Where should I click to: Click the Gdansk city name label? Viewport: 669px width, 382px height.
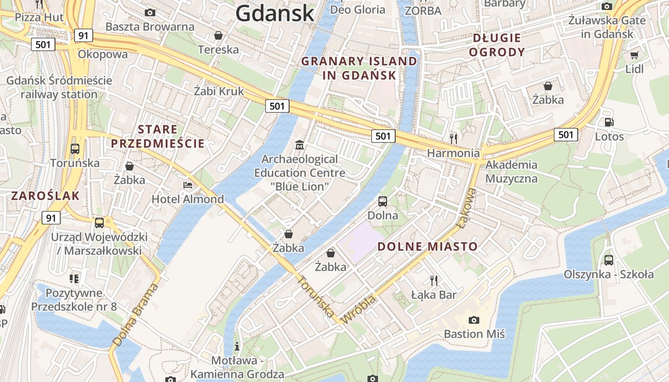[275, 13]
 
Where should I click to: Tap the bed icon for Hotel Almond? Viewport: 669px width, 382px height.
[188, 185]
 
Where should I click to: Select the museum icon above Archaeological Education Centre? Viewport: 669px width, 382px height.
[300, 144]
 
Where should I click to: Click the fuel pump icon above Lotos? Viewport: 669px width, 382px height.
[609, 122]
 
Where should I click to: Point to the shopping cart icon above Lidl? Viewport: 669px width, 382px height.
[634, 55]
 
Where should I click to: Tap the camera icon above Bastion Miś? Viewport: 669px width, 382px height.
[474, 320]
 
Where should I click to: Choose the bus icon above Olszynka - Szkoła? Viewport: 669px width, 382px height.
[608, 260]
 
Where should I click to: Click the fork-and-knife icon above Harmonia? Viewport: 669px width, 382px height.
[453, 138]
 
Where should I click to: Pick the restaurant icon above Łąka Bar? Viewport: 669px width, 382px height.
[434, 280]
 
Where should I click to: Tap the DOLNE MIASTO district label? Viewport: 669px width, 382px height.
[428, 246]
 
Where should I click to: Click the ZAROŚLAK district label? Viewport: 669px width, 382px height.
[45, 195]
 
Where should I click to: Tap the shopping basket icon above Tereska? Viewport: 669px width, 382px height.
[218, 35]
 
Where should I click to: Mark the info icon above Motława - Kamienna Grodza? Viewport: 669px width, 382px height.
[237, 346]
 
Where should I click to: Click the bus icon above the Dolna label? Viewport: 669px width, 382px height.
[383, 201]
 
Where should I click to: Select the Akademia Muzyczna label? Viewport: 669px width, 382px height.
[511, 171]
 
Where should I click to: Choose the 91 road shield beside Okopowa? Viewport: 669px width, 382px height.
[83, 35]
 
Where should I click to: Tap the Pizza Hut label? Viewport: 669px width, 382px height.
[39, 17]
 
